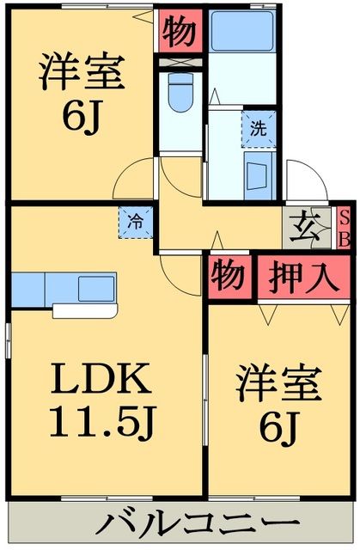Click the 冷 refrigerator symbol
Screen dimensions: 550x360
(136, 220)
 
